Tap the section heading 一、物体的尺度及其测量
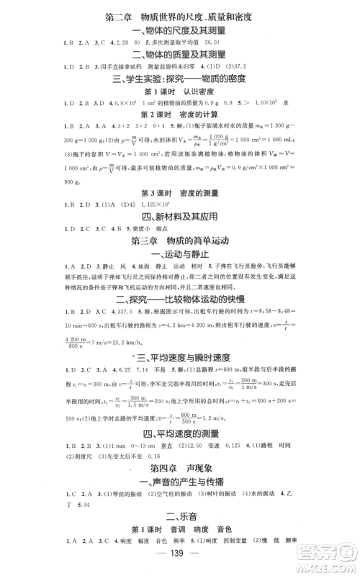pos(180,30)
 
